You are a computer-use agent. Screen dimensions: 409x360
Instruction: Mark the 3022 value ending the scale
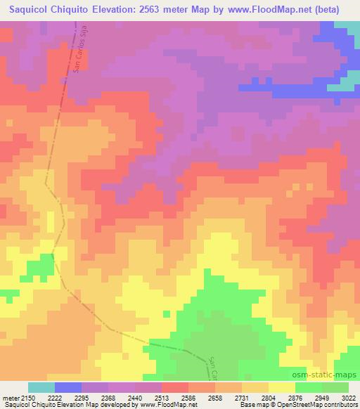click(x=348, y=398)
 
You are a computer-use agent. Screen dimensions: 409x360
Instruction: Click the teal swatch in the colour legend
click(x=41, y=387)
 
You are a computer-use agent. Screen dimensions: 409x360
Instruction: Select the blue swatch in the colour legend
click(x=68, y=387)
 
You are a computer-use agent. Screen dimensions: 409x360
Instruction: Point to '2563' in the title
click(x=159, y=10)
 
